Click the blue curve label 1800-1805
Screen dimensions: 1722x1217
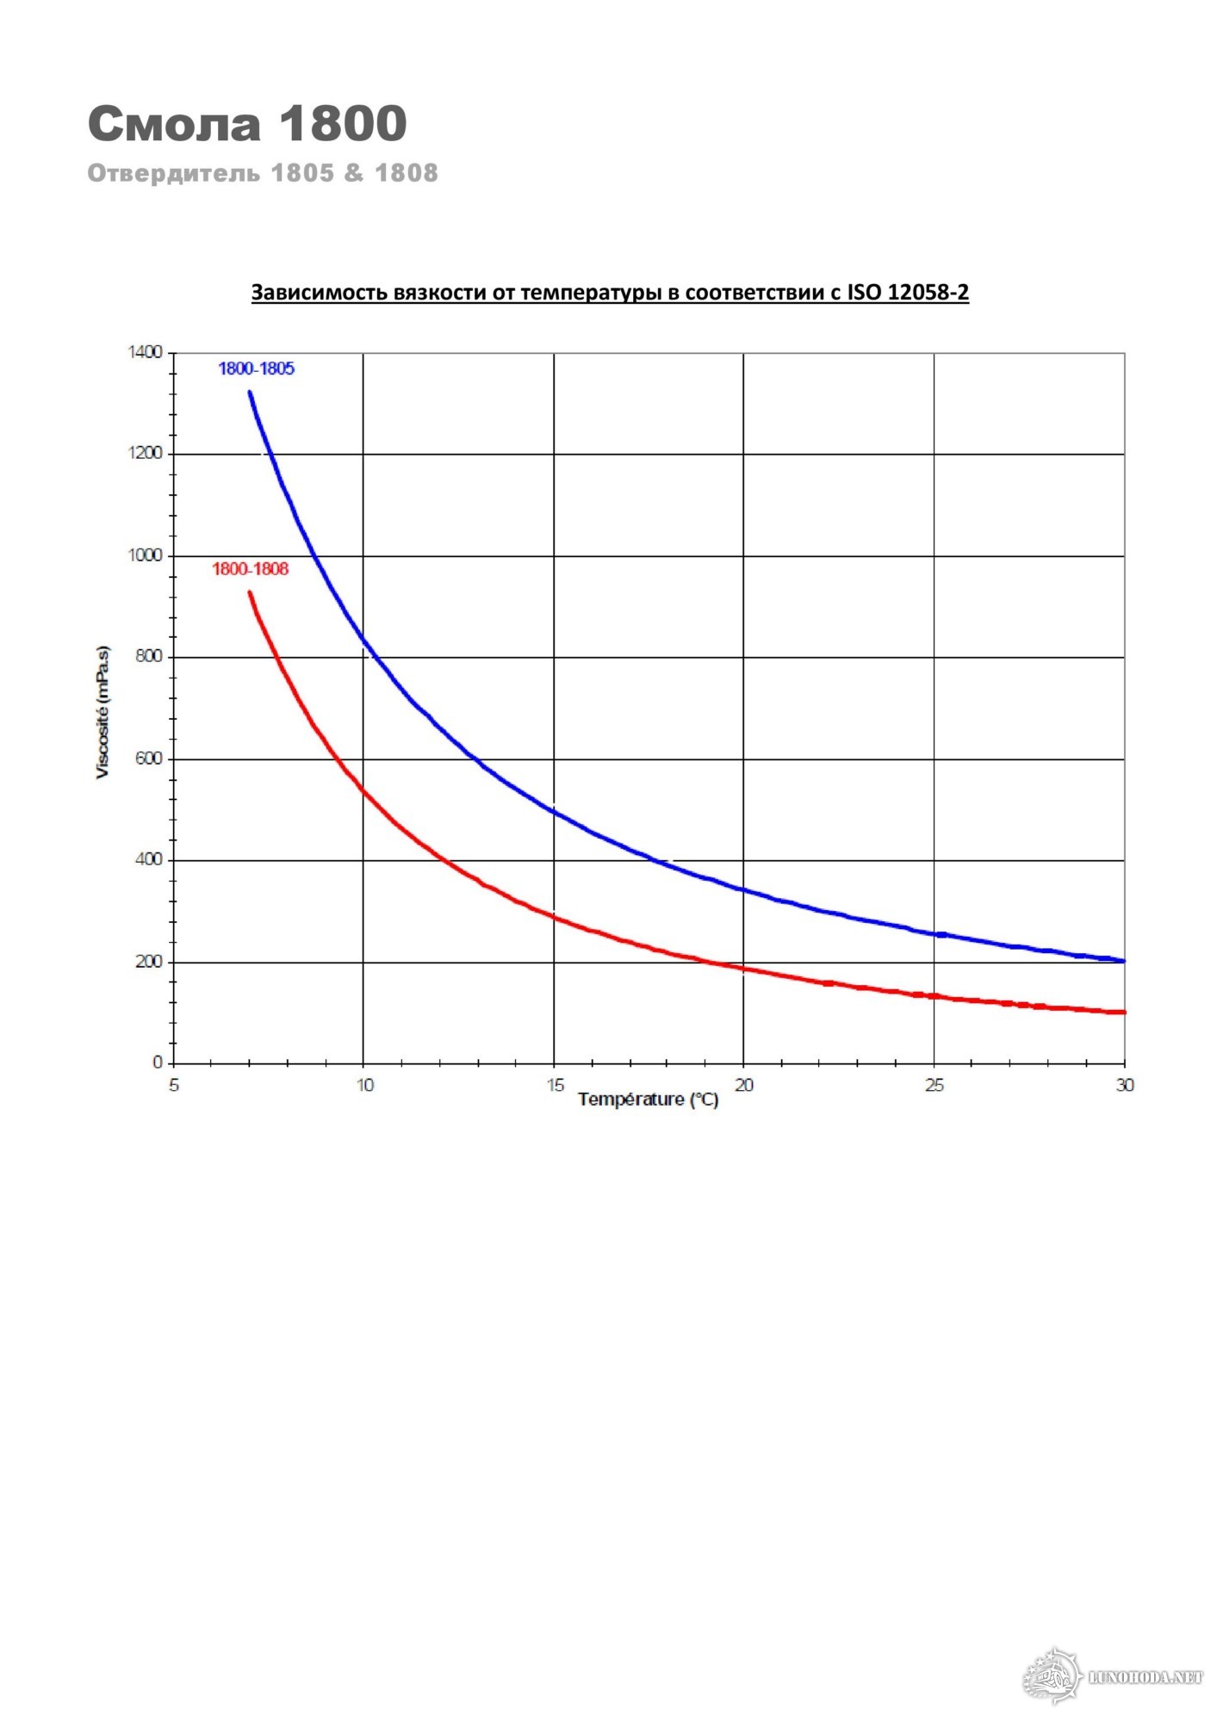[256, 369]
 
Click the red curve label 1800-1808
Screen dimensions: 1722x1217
[250, 569]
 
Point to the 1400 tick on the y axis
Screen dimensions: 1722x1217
[144, 352]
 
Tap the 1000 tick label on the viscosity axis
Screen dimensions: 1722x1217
[144, 555]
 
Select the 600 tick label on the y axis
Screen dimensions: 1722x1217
[147, 759]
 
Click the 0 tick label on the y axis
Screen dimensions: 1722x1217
[158, 1063]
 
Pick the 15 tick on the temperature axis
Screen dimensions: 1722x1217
[556, 1085]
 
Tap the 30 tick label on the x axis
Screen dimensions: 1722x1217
[1125, 1085]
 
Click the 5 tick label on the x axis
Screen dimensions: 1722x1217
[174, 1085]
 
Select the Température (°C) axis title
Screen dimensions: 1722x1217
[648, 1099]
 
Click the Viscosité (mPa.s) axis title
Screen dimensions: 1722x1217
[102, 711]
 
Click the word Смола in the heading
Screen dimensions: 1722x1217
[174, 123]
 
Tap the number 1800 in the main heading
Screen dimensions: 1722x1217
[342, 123]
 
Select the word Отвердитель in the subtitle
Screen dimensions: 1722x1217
[173, 173]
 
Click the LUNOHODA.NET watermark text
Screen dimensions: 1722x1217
[1145, 1676]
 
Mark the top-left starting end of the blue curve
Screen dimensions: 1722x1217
[250, 393]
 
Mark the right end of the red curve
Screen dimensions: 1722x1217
[1123, 1012]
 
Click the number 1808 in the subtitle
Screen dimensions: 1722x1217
[406, 173]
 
